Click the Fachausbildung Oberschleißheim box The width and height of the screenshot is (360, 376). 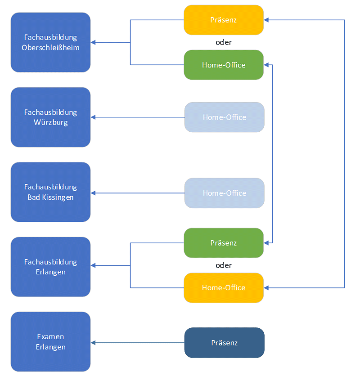click(50, 42)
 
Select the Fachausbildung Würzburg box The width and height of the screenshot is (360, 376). click(50, 117)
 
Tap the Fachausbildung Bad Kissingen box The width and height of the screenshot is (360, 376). click(50, 192)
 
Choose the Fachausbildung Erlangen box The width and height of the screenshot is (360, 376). click(50, 267)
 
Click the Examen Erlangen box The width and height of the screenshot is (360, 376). click(50, 341)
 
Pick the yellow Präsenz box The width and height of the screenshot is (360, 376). click(223, 20)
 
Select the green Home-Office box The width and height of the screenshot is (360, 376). click(223, 65)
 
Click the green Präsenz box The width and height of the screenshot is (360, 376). click(223, 243)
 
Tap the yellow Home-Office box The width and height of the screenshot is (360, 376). click(223, 287)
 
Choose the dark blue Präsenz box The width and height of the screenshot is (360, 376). click(224, 343)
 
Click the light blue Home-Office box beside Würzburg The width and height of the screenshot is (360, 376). click(224, 117)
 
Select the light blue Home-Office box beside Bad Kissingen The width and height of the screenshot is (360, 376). click(224, 193)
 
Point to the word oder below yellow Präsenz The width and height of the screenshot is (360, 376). click(224, 42)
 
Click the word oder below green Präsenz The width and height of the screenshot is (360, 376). click(224, 265)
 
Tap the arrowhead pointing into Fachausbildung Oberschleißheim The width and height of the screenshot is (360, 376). click(93, 43)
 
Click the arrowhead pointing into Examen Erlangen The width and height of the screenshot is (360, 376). click(93, 343)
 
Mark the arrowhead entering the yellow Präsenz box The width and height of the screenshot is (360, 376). click(266, 20)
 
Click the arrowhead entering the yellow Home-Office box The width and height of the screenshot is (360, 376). click(266, 287)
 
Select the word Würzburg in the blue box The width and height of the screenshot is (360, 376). click(50, 122)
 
